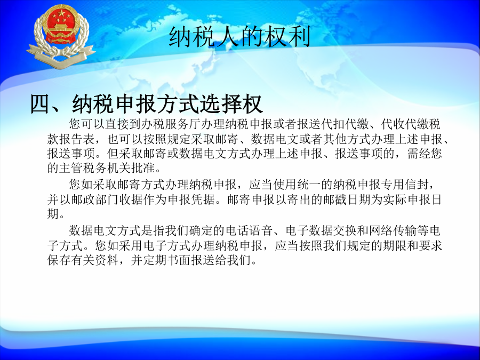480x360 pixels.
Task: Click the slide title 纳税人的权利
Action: point(239,37)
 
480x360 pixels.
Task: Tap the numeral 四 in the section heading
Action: point(40,104)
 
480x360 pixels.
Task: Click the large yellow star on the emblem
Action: point(62,13)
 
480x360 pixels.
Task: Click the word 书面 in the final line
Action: point(179,260)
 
